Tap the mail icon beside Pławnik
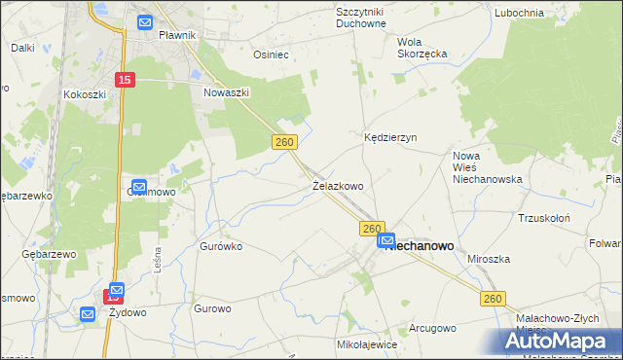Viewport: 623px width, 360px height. (x=145, y=22)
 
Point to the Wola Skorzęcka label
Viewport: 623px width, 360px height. (x=421, y=48)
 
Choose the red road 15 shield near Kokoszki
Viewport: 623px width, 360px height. (x=124, y=80)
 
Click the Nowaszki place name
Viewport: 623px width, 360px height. (x=227, y=92)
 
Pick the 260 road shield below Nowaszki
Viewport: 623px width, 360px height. (x=282, y=142)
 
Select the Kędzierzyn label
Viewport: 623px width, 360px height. (x=390, y=138)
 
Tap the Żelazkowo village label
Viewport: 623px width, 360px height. (x=338, y=185)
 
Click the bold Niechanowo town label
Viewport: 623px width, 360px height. (x=421, y=247)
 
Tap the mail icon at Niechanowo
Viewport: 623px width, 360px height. (x=386, y=240)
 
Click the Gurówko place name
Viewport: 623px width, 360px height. (x=220, y=247)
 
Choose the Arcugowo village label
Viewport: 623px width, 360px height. (x=432, y=328)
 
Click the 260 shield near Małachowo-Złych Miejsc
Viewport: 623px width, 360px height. (x=493, y=301)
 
